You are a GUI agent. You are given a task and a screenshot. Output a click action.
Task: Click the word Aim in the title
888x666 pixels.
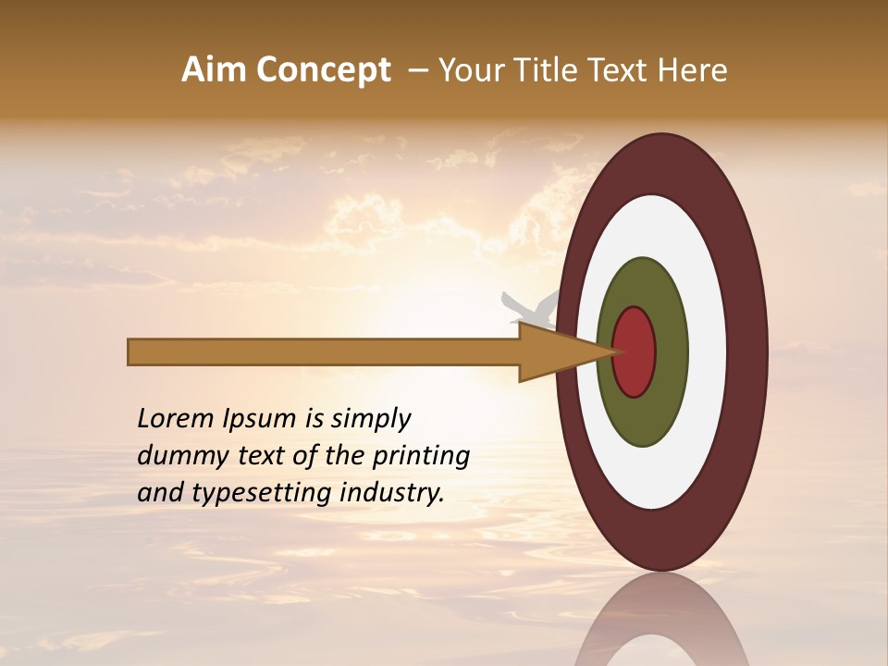click(216, 70)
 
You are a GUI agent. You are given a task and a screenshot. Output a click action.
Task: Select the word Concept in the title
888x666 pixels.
click(324, 71)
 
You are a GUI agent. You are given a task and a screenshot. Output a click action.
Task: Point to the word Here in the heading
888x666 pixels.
click(694, 70)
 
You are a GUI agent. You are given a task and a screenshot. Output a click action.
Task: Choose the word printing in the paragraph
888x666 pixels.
click(421, 457)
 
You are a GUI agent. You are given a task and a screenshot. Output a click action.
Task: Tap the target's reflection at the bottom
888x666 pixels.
click(662, 629)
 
